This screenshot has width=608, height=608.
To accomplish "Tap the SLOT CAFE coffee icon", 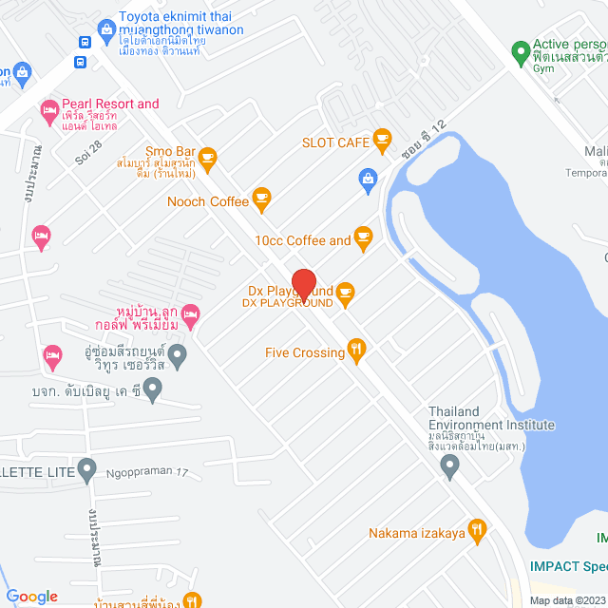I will pos(383,142).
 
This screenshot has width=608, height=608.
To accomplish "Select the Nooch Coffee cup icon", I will pos(262,199).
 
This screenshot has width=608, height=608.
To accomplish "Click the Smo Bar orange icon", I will pos(208,156).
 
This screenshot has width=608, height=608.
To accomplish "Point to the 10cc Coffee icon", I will pos(363,239).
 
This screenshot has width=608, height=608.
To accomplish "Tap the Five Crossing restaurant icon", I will pos(357,351).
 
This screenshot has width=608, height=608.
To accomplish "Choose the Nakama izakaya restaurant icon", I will pos(478,532).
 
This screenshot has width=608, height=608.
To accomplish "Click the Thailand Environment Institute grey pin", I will pos(450,465).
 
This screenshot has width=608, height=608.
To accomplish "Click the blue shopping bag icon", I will pos(367,178).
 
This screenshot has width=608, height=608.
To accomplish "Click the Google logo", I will pos(31,596).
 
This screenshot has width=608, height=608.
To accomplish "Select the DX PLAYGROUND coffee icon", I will pos(345,295).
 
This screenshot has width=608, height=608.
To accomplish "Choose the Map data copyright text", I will pos(566,599).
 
